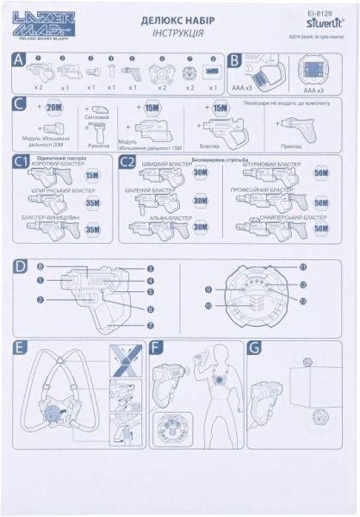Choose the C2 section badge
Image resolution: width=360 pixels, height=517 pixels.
coord(127,161)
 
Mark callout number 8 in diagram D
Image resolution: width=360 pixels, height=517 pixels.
coord(40,268)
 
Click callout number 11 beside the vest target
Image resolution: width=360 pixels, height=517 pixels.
coord(302,268)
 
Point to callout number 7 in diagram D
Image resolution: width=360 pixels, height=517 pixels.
coord(150,325)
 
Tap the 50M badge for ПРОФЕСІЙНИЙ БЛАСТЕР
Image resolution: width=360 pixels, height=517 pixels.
coord(320,203)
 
